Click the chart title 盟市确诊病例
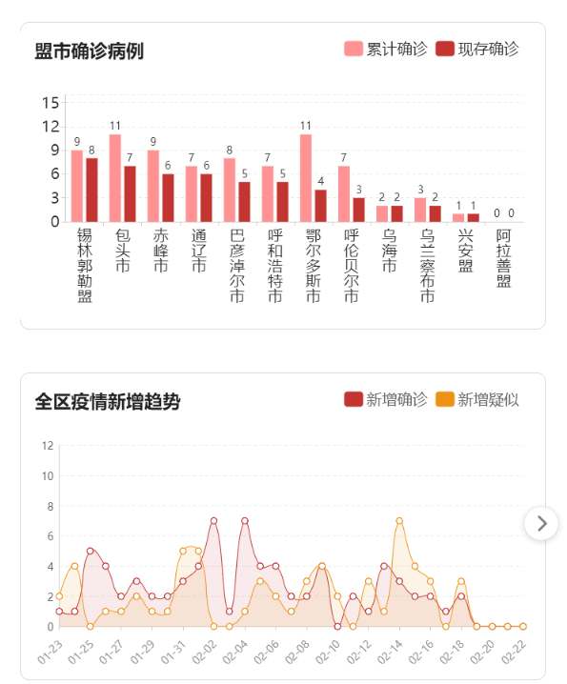[x=89, y=51]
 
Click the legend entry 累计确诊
[x=386, y=49]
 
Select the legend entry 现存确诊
[x=477, y=49]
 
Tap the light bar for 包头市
[x=115, y=178]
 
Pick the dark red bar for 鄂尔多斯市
[x=321, y=206]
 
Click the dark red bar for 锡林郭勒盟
[x=92, y=190]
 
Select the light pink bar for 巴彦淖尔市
[x=230, y=190]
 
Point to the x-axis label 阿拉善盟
[x=504, y=258]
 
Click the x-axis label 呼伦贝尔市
[x=351, y=266]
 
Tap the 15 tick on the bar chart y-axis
[x=51, y=102]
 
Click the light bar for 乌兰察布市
[x=420, y=210]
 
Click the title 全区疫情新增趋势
[x=107, y=401]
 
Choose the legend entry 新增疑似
[x=477, y=399]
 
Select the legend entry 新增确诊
[x=386, y=399]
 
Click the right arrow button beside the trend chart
[x=542, y=523]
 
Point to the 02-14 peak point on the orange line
[x=399, y=521]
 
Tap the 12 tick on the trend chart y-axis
[x=48, y=445]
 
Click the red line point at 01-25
[x=91, y=551]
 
